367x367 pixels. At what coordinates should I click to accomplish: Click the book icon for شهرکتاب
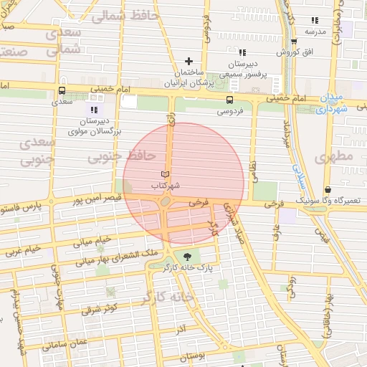coord(166,174)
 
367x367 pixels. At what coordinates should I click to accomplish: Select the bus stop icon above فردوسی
coord(229,100)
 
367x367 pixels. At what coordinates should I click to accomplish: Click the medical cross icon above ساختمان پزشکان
coord(189,61)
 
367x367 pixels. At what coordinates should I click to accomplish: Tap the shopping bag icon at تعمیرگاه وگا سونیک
coord(328,190)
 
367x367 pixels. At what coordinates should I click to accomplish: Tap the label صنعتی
coord(14,52)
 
